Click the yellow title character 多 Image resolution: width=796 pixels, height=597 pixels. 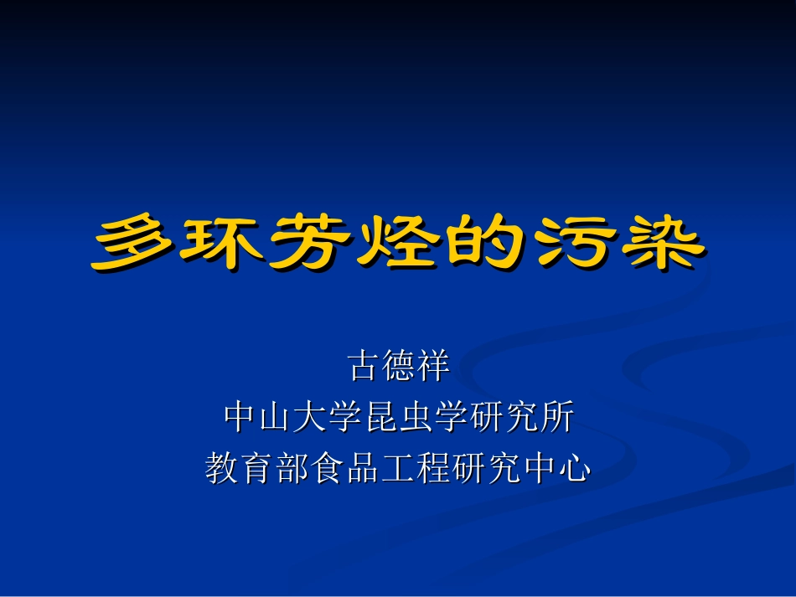tap(135, 243)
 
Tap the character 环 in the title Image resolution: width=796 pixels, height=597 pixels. tap(221, 243)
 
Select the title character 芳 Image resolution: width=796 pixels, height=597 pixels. tap(308, 243)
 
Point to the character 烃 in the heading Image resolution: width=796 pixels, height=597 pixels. tap(395, 243)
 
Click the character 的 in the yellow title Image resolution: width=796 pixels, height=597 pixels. tap(483, 243)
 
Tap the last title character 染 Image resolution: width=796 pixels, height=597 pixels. tap(656, 243)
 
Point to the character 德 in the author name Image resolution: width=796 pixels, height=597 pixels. tap(398, 367)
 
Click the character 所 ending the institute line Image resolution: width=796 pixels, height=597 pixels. tap(556, 417)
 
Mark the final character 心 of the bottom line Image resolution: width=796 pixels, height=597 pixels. tap(574, 467)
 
